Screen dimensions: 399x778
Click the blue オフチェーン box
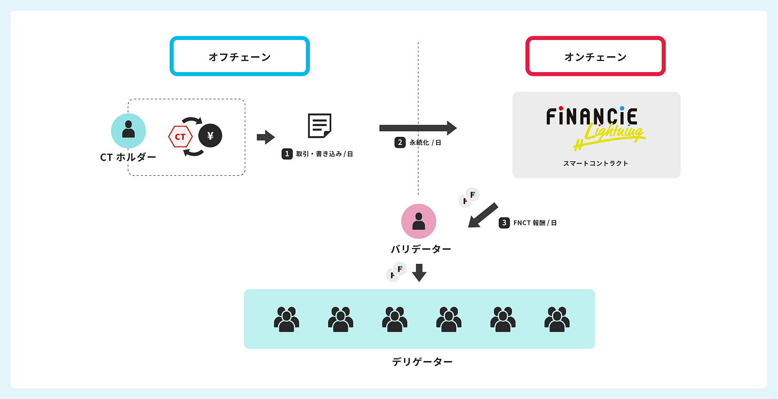[239, 56]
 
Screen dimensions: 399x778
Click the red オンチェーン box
[595, 56]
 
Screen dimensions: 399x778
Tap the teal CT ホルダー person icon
[128, 131]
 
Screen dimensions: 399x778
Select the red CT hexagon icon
[180, 137]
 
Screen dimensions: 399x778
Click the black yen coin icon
[210, 136]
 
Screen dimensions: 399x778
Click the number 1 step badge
[287, 154]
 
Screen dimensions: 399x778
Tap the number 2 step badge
[400, 143]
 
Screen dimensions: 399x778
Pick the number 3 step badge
[504, 223]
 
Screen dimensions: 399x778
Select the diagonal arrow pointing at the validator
[483, 215]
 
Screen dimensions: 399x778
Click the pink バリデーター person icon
[419, 221]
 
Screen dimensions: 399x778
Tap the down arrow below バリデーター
[419, 272]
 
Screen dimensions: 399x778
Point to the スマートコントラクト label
[596, 163]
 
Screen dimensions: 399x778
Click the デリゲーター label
[422, 362]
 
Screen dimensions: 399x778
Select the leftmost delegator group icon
[286, 319]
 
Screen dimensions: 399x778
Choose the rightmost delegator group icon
[557, 319]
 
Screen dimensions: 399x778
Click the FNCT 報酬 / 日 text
[535, 223]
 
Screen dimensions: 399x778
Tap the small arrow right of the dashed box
[266, 137]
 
